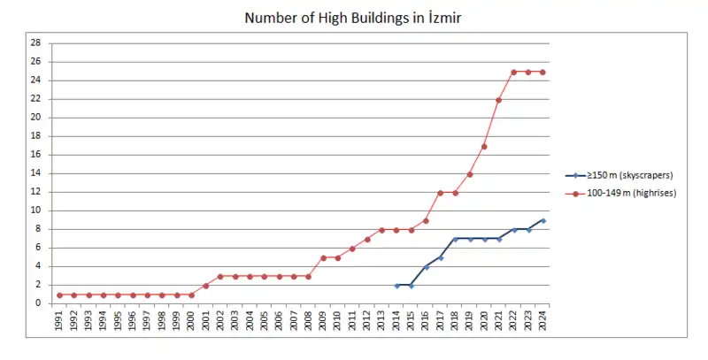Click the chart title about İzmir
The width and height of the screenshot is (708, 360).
click(x=354, y=18)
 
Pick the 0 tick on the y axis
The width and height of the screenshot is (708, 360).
click(x=37, y=303)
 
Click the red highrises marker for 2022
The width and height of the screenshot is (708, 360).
click(x=513, y=72)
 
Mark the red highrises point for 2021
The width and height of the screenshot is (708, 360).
click(x=498, y=100)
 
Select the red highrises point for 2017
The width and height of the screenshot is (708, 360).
click(x=440, y=193)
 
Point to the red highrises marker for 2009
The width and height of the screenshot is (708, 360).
click(x=323, y=257)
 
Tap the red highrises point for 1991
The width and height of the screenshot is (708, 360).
click(x=59, y=295)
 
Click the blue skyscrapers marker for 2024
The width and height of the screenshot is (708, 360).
click(x=543, y=220)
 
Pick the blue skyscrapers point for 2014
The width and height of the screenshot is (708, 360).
click(x=396, y=285)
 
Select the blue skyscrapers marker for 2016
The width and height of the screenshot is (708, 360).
click(x=426, y=266)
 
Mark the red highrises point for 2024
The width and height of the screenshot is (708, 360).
click(x=543, y=72)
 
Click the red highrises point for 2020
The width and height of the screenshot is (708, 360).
click(x=484, y=146)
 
